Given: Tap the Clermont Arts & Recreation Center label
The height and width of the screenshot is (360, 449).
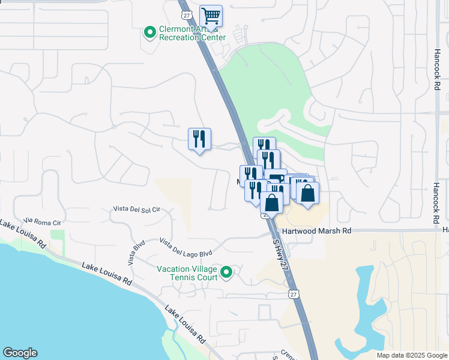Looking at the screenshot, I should tap(192, 33).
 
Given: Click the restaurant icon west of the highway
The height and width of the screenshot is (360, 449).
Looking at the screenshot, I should tap(199, 139).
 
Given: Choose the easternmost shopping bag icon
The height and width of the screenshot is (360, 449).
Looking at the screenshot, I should tap(307, 193).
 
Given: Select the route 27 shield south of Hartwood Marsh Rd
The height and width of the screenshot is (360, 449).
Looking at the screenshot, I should tap(292, 294).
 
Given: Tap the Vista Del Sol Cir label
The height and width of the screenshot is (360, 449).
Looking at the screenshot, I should tap(137, 209).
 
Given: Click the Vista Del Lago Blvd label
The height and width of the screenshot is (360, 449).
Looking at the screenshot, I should tap(186, 247).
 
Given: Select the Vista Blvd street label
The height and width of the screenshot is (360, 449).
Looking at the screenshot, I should tap(136, 253).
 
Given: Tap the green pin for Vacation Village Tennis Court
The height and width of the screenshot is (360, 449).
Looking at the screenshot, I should tap(226, 273).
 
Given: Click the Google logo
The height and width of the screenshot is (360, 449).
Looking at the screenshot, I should tap(20, 353).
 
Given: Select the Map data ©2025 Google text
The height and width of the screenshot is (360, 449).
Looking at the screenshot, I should tap(411, 355).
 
